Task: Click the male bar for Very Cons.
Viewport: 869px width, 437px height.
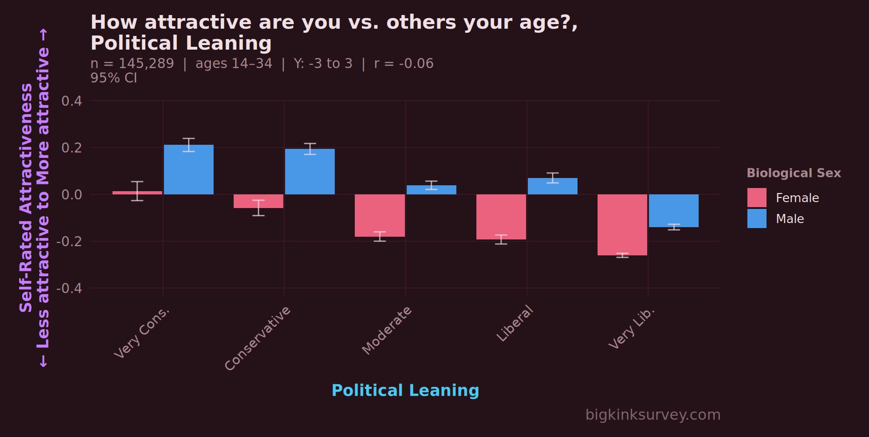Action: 189,169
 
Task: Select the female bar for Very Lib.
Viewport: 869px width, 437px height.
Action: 622,224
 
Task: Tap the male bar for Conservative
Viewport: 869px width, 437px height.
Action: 310,172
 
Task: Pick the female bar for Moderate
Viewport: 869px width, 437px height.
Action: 380,215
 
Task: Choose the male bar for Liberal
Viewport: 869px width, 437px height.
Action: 552,186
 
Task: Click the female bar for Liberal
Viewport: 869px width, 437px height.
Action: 501,217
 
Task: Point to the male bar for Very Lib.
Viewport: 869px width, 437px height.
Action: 674,210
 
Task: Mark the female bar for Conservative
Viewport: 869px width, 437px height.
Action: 258,201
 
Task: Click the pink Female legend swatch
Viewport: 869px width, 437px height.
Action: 757,198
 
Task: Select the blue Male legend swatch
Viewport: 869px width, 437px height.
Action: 757,218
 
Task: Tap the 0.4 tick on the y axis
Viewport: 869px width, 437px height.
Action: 72,101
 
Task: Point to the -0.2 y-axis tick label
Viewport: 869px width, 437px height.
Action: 69,242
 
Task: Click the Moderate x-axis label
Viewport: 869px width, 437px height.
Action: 387,330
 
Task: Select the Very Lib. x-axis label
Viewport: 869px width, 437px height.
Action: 632,329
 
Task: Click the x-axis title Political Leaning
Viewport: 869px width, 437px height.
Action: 405,391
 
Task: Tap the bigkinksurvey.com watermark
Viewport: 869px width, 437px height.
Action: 653,415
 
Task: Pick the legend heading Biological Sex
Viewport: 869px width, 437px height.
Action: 793,173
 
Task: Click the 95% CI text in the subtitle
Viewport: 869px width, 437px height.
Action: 113,78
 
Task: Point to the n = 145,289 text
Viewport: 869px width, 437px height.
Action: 132,63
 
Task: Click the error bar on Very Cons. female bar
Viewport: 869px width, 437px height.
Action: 137,191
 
